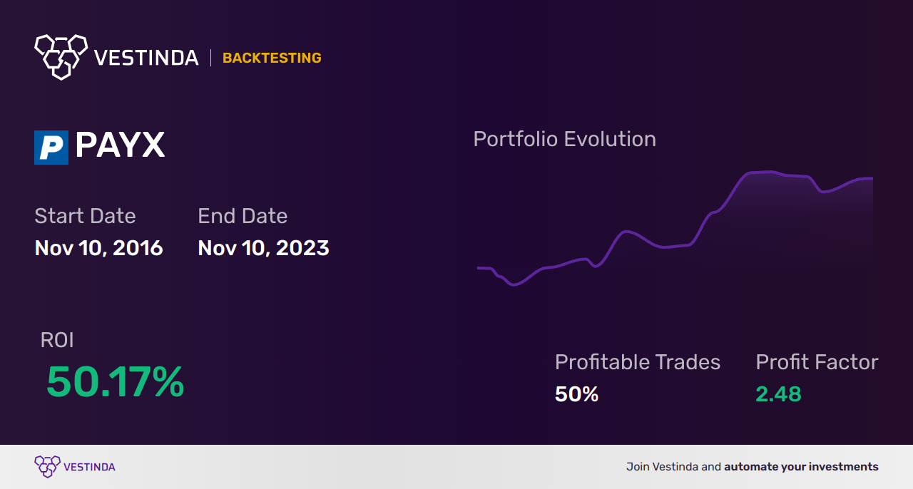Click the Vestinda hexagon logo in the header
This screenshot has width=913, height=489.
[61, 56]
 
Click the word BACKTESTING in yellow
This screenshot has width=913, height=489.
[272, 58]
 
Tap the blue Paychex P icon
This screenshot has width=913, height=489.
[51, 148]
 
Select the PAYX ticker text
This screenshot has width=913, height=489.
[120, 145]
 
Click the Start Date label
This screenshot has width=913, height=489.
[85, 216]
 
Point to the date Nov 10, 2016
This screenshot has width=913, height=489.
[98, 248]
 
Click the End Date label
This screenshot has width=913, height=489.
[243, 216]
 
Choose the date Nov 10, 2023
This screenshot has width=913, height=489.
[263, 248]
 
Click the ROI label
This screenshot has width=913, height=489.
[57, 340]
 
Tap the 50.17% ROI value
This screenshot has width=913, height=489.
[116, 382]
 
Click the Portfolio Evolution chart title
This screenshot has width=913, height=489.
[564, 139]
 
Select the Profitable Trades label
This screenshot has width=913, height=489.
[638, 362]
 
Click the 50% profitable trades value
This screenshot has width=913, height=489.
[576, 394]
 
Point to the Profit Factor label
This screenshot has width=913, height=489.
[817, 362]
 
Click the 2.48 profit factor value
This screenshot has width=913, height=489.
[778, 394]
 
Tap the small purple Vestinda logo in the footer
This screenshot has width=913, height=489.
[48, 467]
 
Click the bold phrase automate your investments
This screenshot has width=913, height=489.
[801, 467]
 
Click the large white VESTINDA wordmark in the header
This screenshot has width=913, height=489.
[146, 58]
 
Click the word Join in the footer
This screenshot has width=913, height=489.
[638, 467]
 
